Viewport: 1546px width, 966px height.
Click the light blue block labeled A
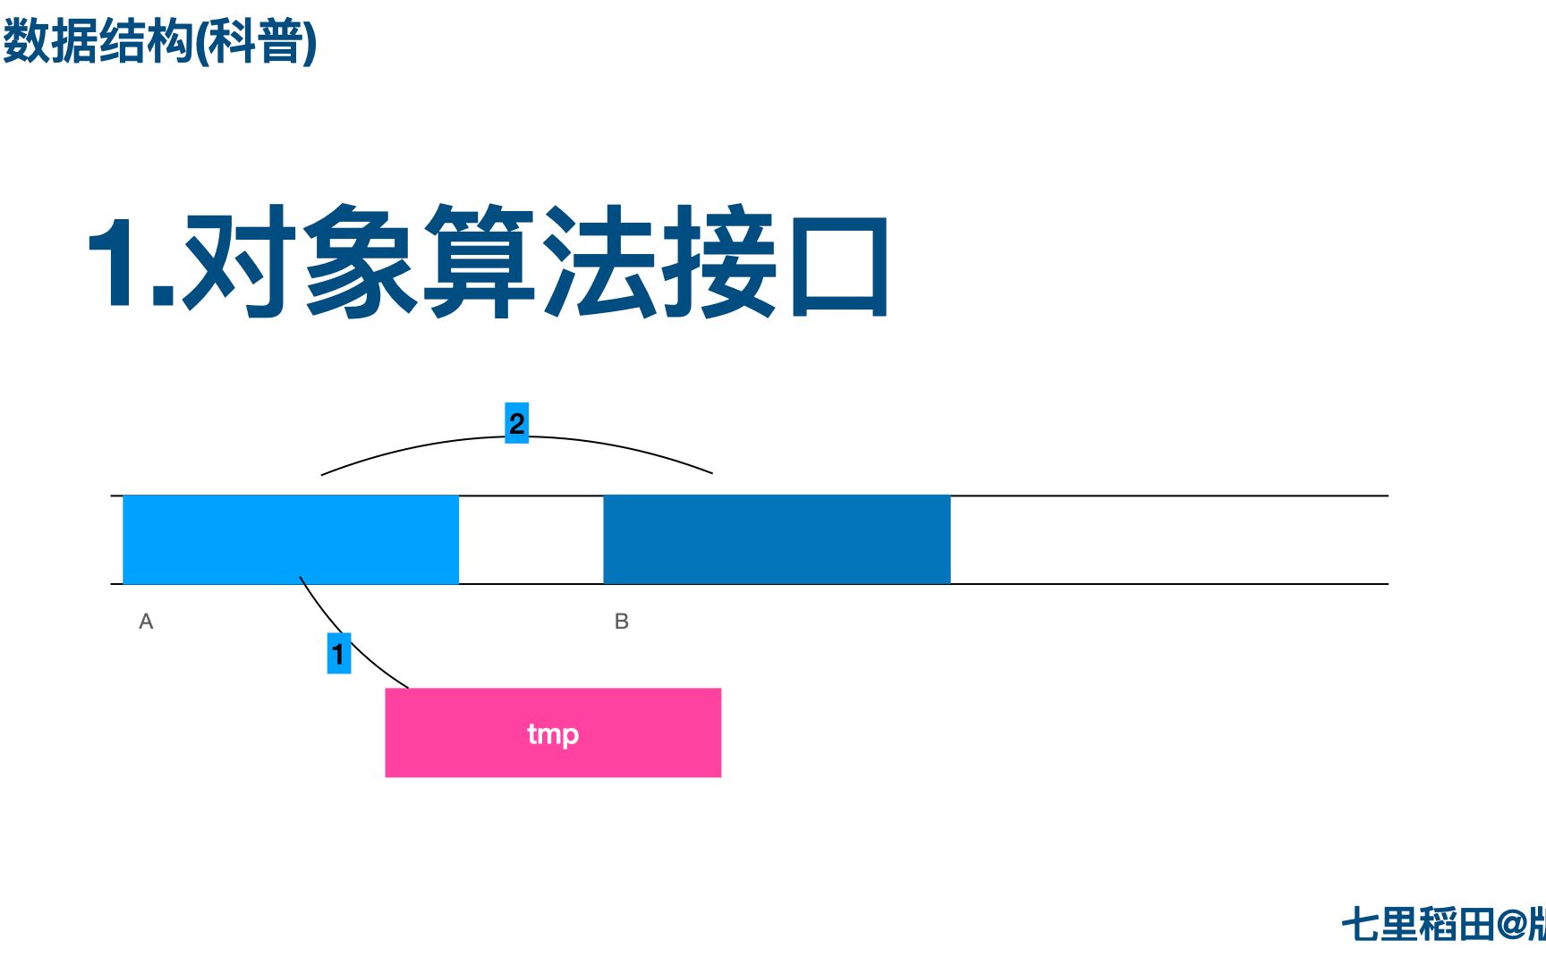point(290,539)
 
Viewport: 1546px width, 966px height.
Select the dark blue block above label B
point(777,539)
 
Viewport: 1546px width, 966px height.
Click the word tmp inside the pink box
point(553,734)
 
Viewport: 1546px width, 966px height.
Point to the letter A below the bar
point(147,622)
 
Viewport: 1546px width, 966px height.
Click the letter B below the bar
point(622,622)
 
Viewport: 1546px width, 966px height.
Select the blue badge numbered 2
point(517,423)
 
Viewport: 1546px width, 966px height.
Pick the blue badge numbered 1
point(338,654)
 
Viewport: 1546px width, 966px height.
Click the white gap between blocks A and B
point(531,539)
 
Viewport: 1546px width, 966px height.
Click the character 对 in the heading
point(237,261)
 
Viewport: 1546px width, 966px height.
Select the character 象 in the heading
point(358,261)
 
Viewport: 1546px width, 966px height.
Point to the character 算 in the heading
point(479,261)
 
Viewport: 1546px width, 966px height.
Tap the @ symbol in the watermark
point(1512,925)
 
